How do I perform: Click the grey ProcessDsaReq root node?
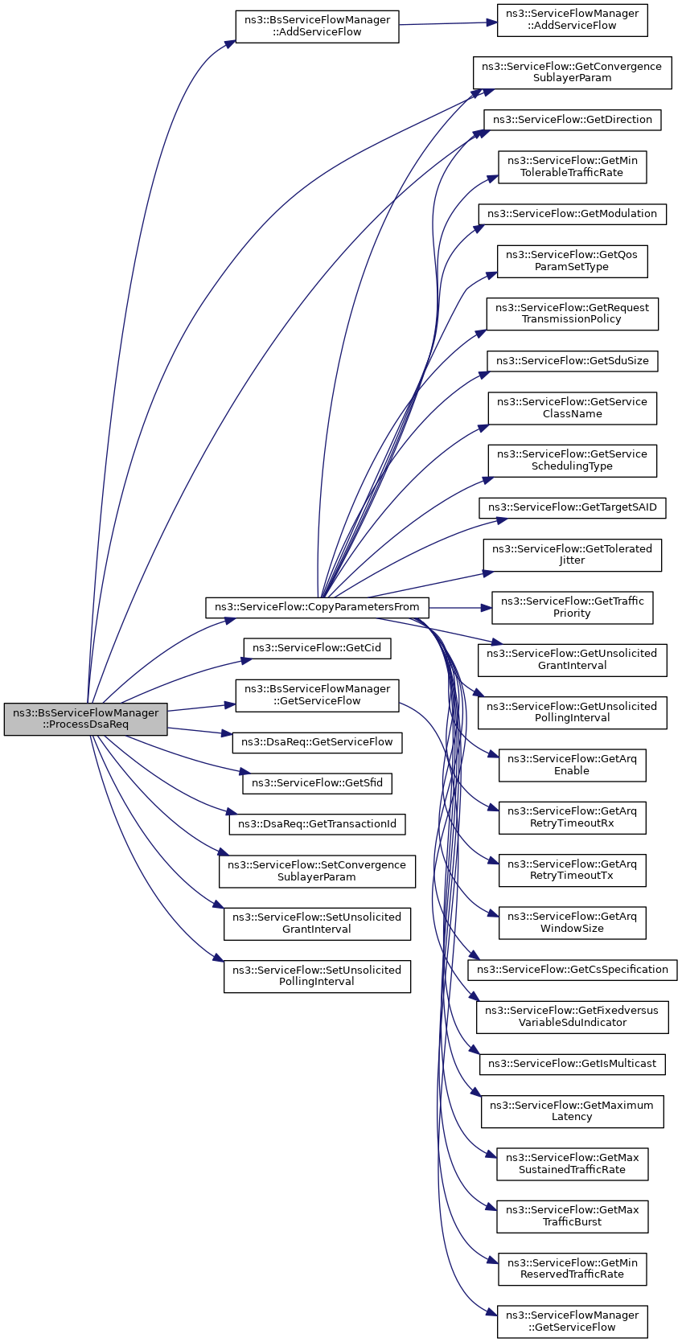pyautogui.click(x=86, y=718)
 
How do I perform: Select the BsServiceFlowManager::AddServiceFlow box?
pyautogui.click(x=317, y=26)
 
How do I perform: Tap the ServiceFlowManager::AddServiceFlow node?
pyautogui.click(x=573, y=20)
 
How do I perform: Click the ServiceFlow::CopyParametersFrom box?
pyautogui.click(x=317, y=607)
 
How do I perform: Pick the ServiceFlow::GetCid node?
pyautogui.click(x=317, y=647)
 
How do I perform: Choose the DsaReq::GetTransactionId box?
pyautogui.click(x=317, y=823)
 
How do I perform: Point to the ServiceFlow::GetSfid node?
pyautogui.click(x=317, y=783)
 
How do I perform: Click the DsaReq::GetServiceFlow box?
pyautogui.click(x=317, y=741)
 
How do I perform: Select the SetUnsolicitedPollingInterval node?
pyautogui.click(x=317, y=976)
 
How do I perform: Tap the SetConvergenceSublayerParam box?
pyautogui.click(x=317, y=871)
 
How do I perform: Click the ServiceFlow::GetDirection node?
pyautogui.click(x=573, y=120)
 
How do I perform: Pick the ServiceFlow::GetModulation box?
pyautogui.click(x=573, y=214)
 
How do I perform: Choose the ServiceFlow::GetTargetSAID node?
pyautogui.click(x=573, y=507)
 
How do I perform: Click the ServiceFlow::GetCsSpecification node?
pyautogui.click(x=573, y=970)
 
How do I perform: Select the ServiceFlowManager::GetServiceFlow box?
pyautogui.click(x=573, y=1321)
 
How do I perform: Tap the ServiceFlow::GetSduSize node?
pyautogui.click(x=573, y=361)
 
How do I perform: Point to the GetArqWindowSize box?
pyautogui.click(x=573, y=922)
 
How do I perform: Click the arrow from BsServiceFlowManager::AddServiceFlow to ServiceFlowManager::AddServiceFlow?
pyautogui.click(x=448, y=24)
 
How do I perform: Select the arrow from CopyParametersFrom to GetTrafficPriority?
pyautogui.click(x=461, y=608)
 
